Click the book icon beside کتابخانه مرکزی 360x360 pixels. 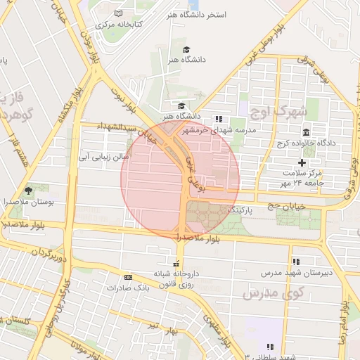118,14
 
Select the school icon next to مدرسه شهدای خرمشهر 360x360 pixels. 219,119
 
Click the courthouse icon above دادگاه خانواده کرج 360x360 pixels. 306,133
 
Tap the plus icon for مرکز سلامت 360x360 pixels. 302,162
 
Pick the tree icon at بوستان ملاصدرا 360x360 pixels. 29,190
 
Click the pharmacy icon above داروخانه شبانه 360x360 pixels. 176,264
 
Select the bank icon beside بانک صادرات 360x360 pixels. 127,276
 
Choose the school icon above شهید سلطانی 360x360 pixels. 270,347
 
